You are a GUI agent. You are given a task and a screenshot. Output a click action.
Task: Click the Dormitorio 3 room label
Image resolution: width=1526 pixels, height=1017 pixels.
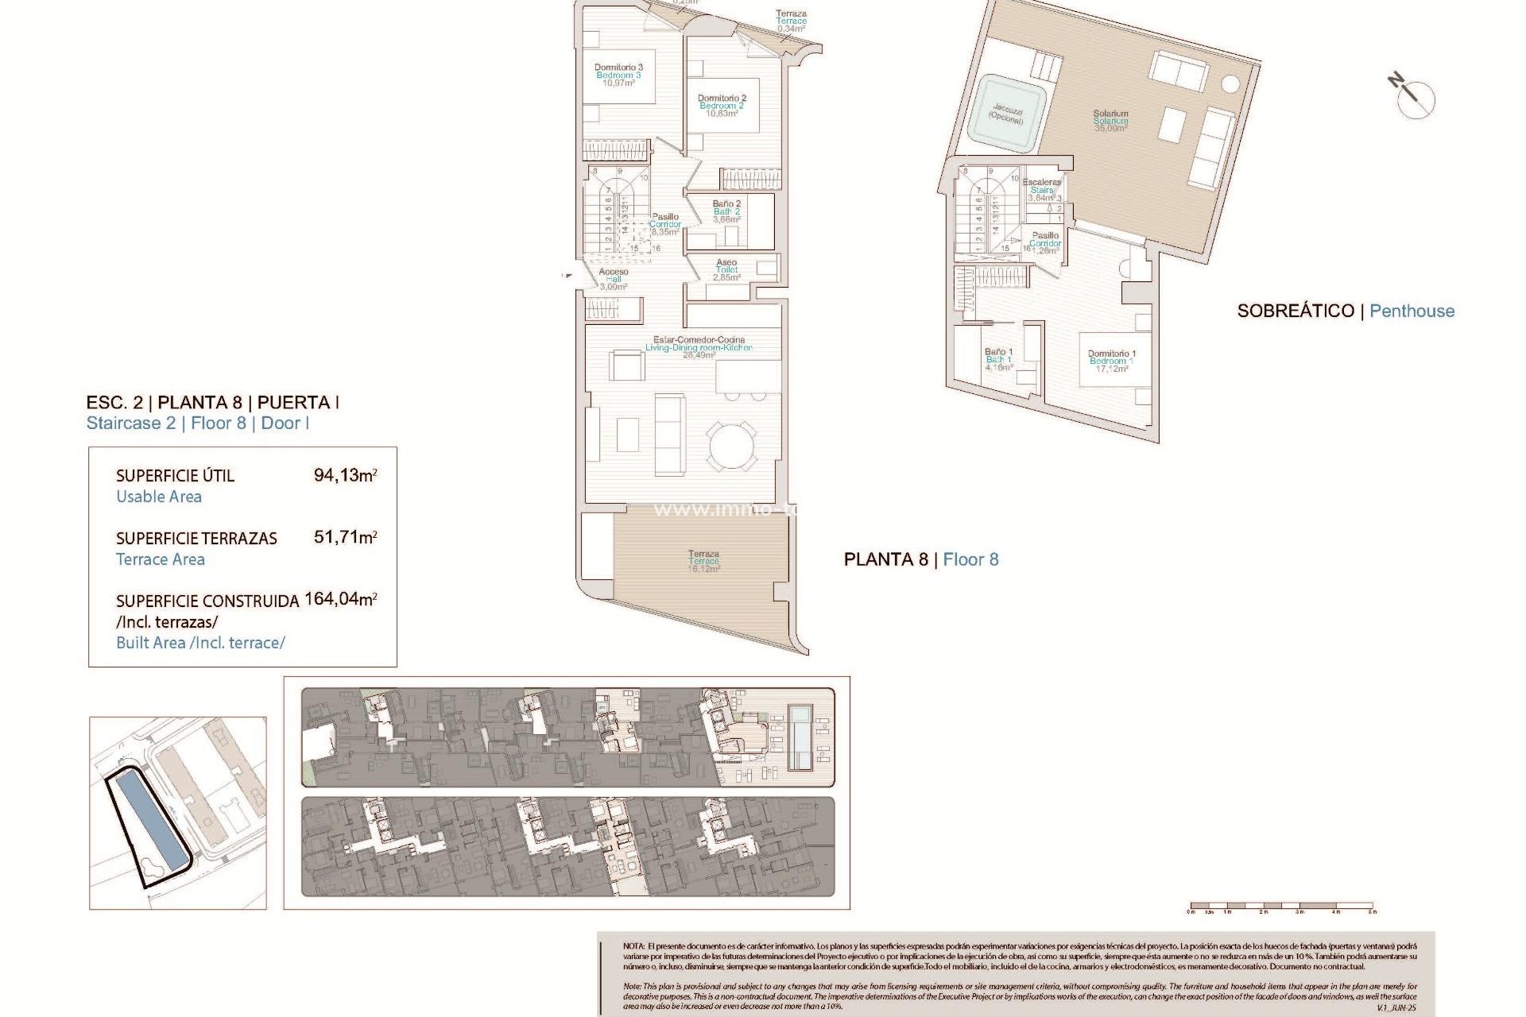[x=618, y=75]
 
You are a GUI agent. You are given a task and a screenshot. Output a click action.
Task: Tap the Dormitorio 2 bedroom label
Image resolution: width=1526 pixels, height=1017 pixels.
[x=722, y=106]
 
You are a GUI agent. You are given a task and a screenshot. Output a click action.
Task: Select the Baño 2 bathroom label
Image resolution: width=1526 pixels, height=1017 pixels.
[x=726, y=211]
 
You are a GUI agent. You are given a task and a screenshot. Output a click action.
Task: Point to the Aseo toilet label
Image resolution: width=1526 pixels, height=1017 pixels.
[x=726, y=269]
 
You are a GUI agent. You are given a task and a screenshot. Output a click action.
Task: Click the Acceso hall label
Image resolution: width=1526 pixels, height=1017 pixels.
[x=614, y=279]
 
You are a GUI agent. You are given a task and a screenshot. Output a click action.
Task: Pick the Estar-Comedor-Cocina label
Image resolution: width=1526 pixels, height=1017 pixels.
[x=699, y=347]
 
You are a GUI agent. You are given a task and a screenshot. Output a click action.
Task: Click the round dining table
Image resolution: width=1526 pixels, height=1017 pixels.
[x=733, y=445]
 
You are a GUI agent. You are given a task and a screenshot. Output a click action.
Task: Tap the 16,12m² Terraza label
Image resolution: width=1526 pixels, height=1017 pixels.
[x=704, y=561]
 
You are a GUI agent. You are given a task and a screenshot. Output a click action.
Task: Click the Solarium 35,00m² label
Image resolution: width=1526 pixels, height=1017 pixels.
[x=1110, y=121]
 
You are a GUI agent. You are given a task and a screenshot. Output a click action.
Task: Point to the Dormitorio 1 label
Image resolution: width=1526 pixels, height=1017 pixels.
[x=1112, y=361]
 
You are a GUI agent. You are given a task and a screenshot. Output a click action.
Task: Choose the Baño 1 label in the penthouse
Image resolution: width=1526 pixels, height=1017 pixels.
[x=998, y=359]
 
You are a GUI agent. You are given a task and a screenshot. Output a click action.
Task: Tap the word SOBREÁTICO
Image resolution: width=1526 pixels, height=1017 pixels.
[x=1295, y=311]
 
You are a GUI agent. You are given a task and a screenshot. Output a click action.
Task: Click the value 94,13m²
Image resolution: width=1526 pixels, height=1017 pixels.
[x=345, y=475]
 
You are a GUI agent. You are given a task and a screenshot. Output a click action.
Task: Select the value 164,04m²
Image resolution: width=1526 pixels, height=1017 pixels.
[x=340, y=599]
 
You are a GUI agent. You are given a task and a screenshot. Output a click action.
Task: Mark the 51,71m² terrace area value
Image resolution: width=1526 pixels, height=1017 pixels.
[x=345, y=537]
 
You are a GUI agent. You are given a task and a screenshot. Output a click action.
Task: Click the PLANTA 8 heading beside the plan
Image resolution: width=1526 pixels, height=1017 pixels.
[x=885, y=559]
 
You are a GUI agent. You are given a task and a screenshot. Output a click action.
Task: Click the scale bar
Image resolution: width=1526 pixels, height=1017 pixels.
[x=1281, y=906]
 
